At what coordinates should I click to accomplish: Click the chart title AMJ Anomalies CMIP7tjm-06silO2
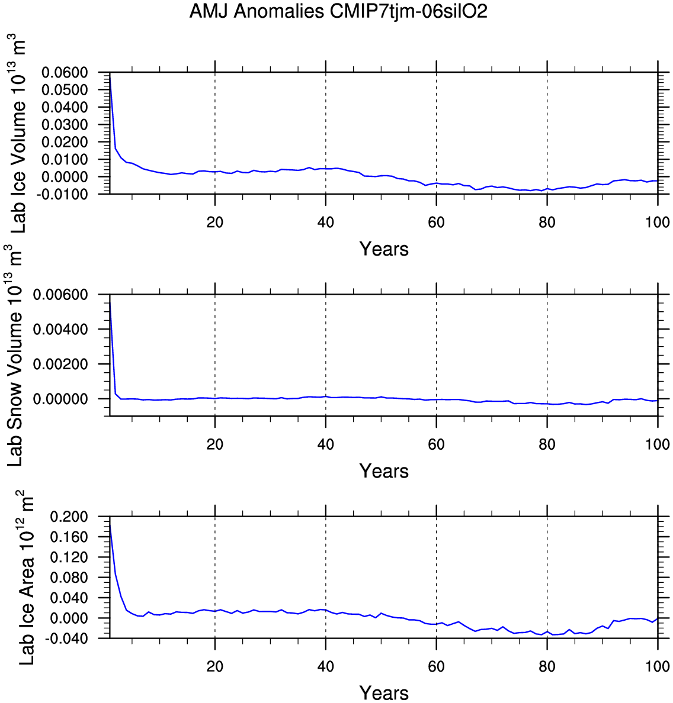(338, 12)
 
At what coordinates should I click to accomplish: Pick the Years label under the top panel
(384, 249)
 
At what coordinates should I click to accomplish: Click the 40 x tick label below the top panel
(325, 222)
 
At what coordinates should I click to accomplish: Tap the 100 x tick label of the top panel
(658, 222)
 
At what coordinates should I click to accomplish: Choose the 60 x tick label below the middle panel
(436, 444)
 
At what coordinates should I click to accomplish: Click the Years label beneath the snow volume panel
(384, 471)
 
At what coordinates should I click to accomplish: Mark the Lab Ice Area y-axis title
(27, 577)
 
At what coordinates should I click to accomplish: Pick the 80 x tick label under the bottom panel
(547, 667)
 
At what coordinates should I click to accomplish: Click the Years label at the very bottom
(384, 693)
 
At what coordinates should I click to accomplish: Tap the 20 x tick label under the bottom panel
(214, 667)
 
